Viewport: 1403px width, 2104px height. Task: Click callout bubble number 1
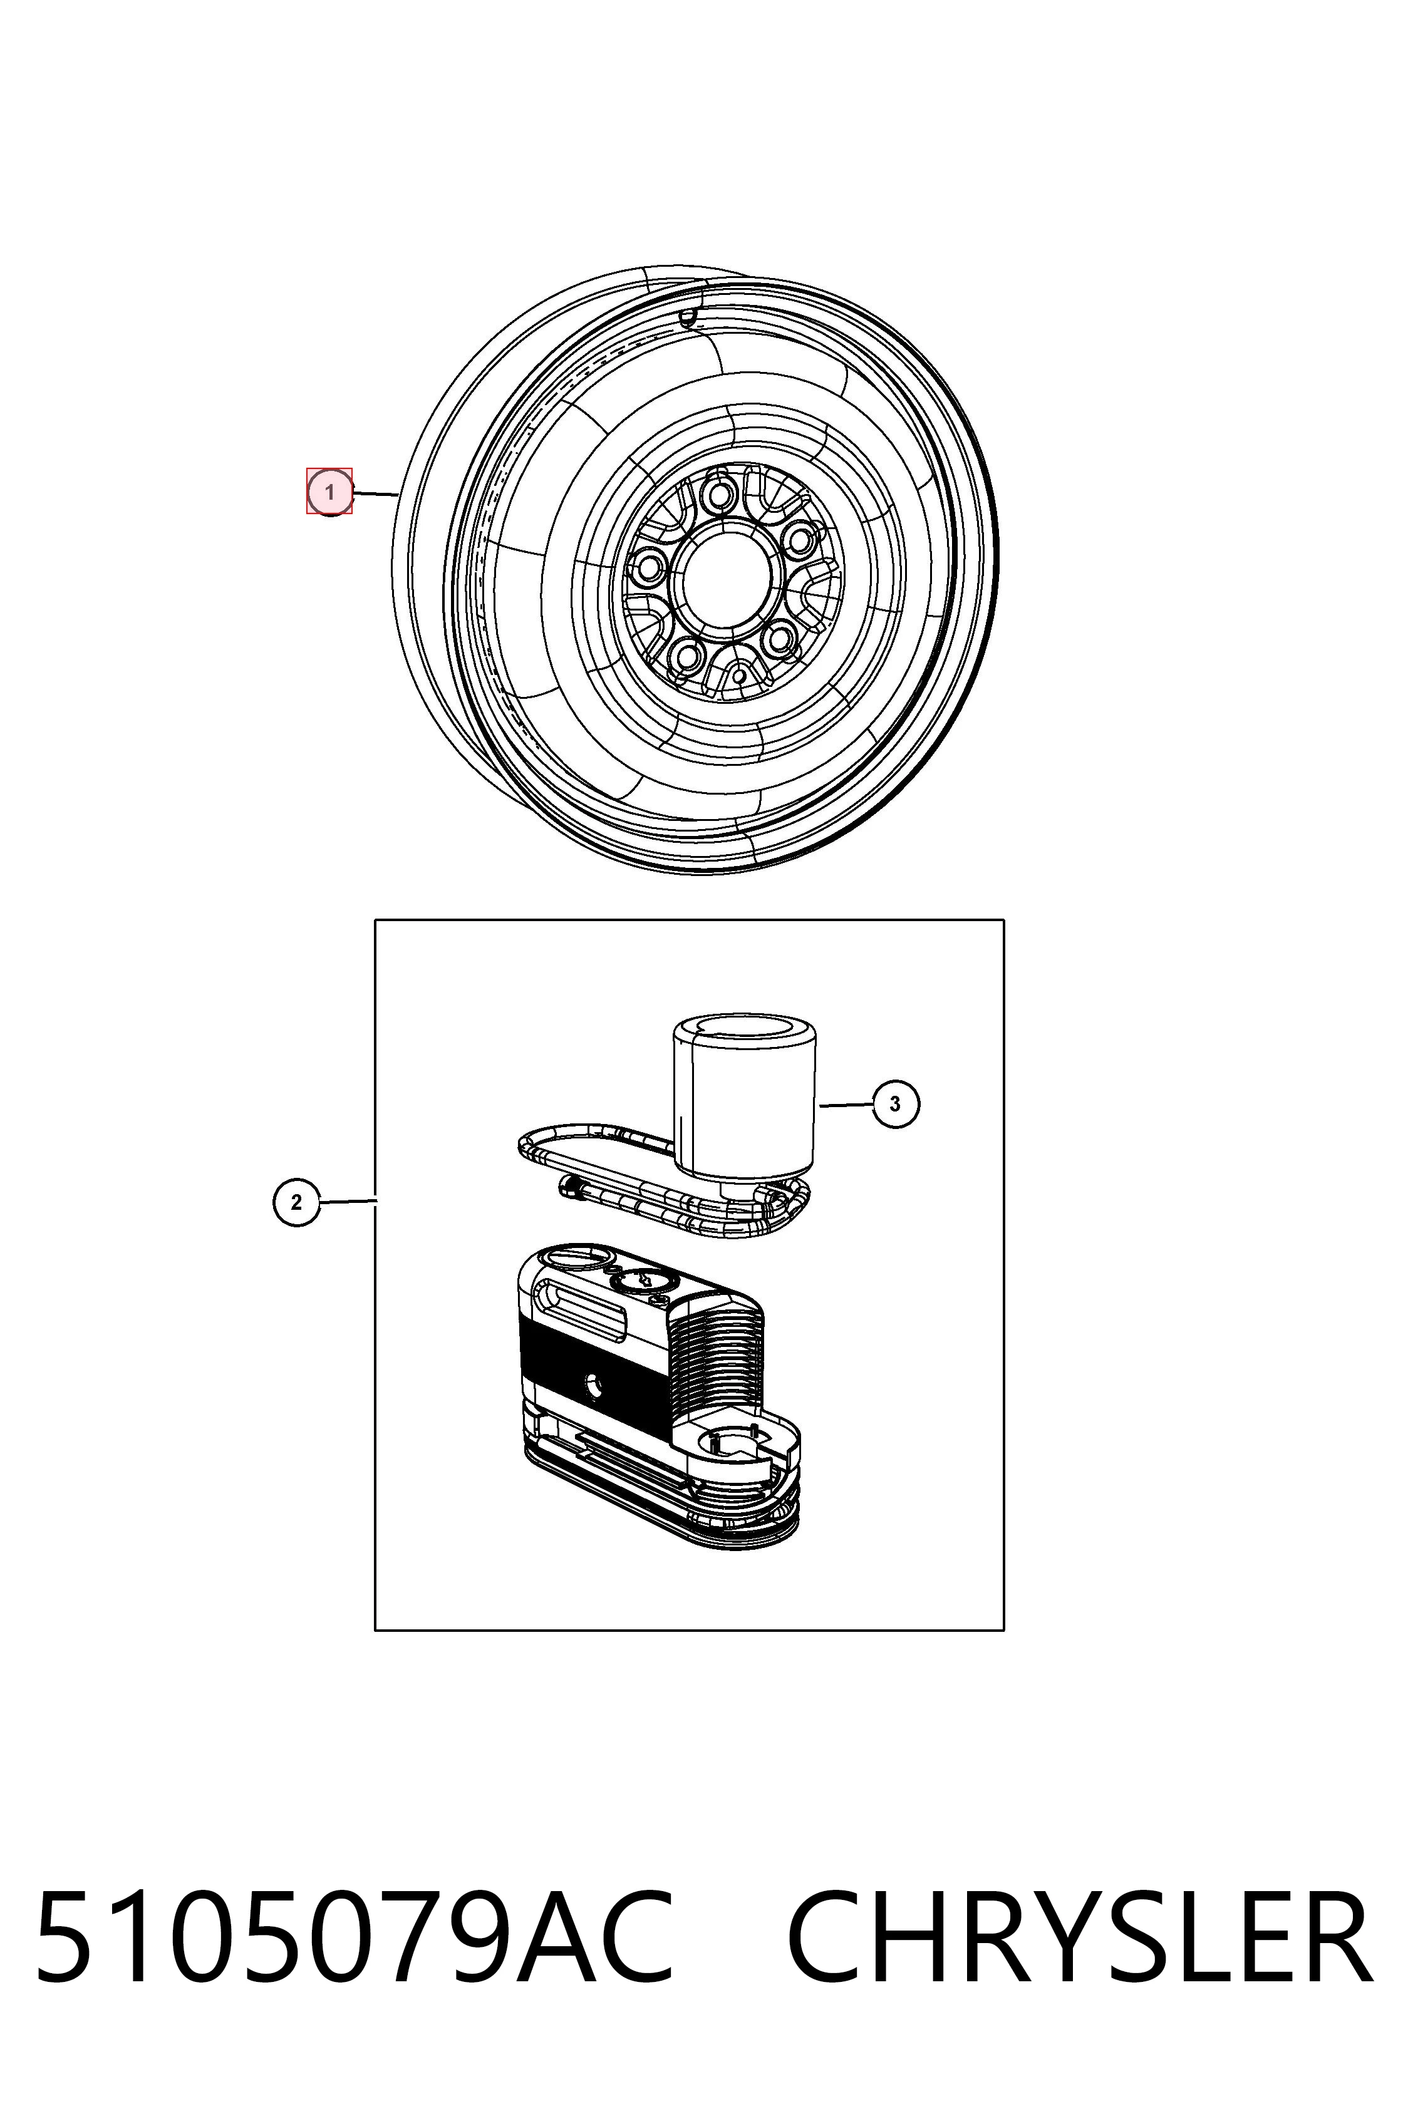(329, 492)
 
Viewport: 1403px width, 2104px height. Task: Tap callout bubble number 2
(296, 1202)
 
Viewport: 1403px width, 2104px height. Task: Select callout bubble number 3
(896, 1104)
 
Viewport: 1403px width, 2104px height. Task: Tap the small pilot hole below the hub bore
(739, 676)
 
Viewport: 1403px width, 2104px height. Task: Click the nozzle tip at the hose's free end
(568, 1188)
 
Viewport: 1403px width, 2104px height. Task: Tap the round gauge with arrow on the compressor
(641, 1281)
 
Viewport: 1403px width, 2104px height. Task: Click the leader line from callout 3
(846, 1106)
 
